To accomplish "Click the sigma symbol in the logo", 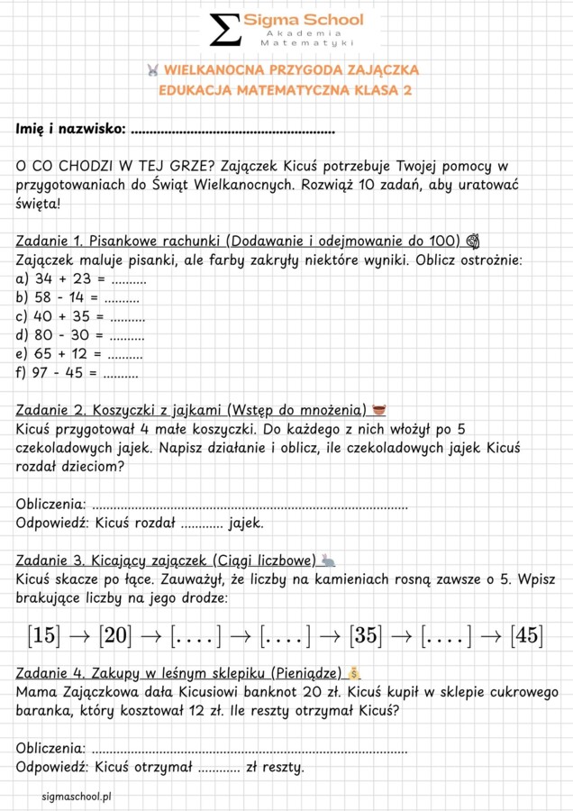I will click(225, 29).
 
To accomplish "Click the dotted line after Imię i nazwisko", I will click(232, 131).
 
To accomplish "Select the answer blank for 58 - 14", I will click(122, 297).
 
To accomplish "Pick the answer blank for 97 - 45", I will click(122, 372).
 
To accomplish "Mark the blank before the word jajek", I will click(202, 523).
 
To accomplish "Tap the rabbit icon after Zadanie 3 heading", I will click(328, 560).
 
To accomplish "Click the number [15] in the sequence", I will click(42, 635).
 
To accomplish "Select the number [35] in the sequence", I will click(364, 635).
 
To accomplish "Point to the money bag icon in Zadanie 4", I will click(354, 673).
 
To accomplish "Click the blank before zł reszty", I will click(220, 768).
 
